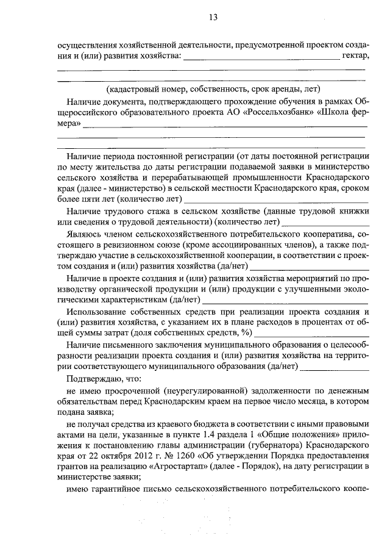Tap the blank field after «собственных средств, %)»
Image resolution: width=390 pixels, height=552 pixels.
click(x=311, y=335)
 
